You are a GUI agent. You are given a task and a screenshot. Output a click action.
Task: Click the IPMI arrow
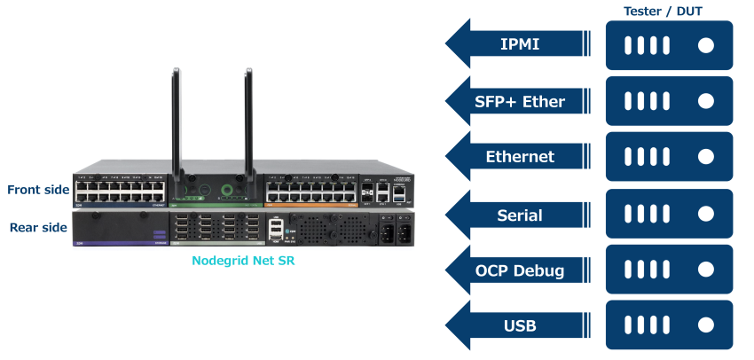click(x=519, y=44)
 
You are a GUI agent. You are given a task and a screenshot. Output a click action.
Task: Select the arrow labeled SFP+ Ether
click(x=519, y=101)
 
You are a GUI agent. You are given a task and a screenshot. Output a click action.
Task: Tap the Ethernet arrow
click(x=519, y=157)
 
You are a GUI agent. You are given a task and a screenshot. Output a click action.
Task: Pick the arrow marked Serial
click(x=519, y=214)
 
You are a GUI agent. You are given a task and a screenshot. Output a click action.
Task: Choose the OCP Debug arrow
click(x=519, y=270)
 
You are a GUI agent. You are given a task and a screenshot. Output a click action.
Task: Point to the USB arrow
click(x=519, y=325)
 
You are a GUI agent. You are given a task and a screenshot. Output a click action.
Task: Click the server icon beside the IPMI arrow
click(x=669, y=44)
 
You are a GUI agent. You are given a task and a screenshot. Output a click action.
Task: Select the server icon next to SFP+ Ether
click(x=669, y=100)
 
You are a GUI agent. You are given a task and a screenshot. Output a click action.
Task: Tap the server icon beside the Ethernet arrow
click(x=669, y=157)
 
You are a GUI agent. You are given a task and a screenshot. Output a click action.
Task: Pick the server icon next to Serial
click(x=669, y=214)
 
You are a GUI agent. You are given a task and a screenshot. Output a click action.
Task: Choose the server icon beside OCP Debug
click(x=669, y=270)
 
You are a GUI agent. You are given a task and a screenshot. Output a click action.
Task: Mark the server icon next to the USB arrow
click(x=669, y=325)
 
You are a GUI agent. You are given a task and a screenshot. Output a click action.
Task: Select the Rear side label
click(x=38, y=228)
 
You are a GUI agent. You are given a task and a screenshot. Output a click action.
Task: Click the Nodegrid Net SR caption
click(x=243, y=261)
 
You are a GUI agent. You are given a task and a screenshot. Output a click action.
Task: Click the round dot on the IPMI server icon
click(x=706, y=44)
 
